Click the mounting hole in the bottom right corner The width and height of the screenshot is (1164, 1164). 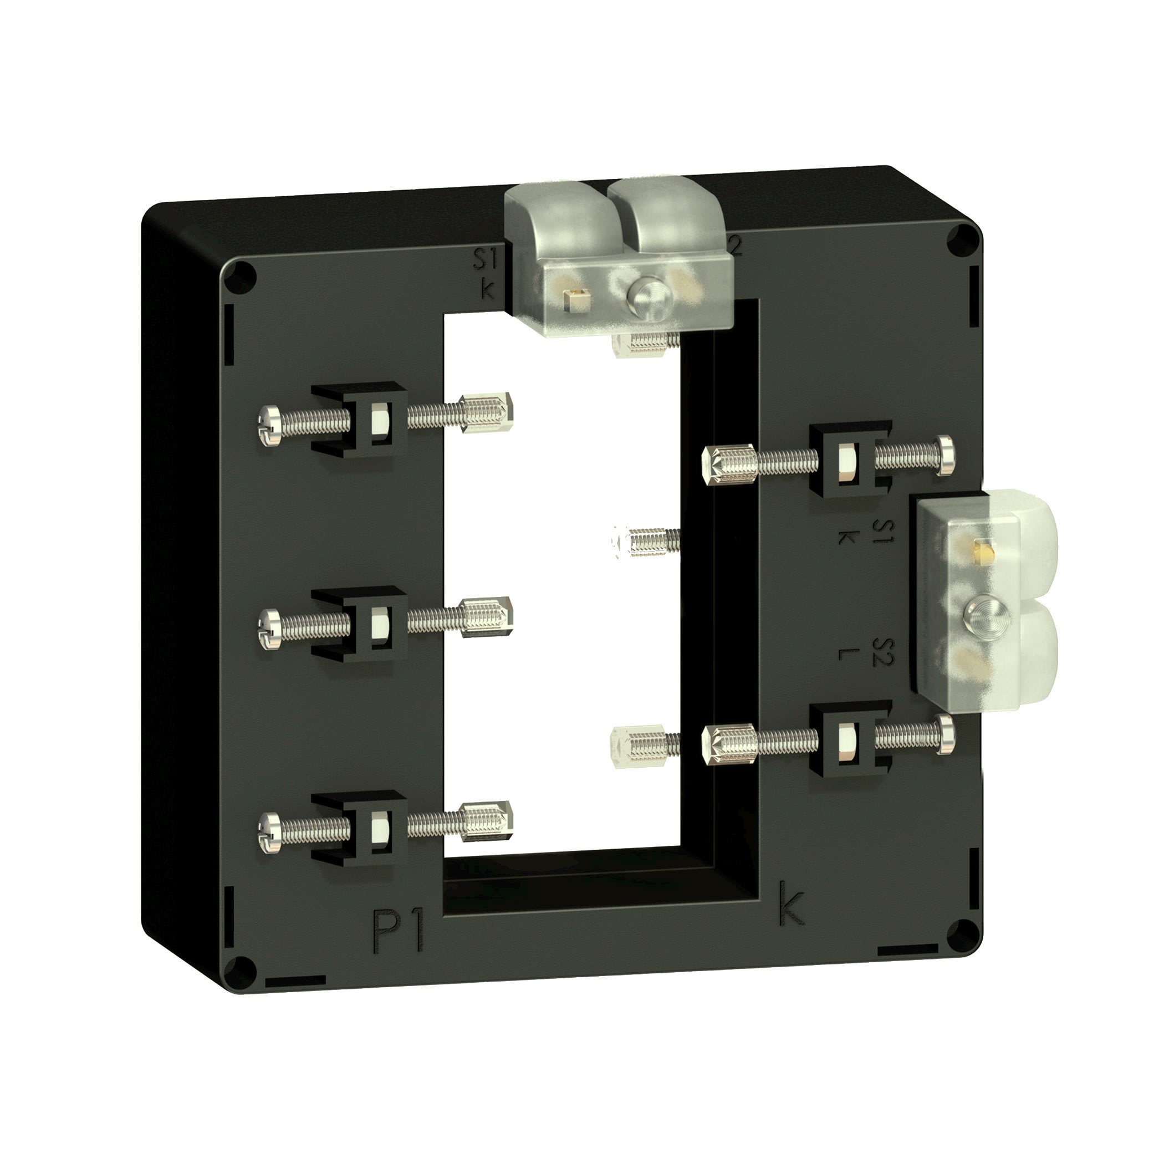point(964,933)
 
